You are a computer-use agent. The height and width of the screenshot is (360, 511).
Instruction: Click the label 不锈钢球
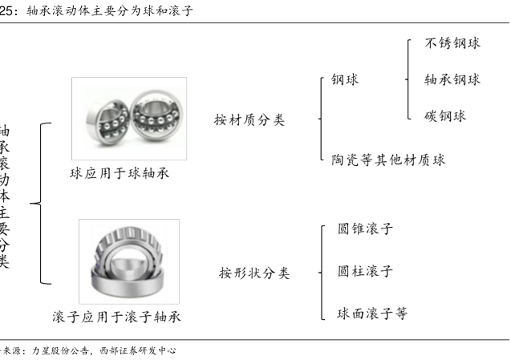[452, 43]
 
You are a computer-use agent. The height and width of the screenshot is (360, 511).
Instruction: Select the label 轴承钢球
[452, 79]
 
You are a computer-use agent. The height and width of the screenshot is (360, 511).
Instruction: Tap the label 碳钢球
[445, 115]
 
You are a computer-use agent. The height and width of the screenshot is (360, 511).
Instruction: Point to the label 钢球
[345, 79]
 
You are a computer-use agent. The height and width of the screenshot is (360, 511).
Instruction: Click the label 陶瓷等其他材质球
[388, 160]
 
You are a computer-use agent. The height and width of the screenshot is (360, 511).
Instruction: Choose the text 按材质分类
[249, 120]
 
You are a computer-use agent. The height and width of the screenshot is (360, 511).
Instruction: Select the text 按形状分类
[254, 273]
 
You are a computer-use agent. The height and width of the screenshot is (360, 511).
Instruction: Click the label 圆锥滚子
[365, 229]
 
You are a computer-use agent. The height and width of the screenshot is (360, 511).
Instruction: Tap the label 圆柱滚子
[365, 271]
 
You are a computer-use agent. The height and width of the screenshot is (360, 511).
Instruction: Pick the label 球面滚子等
[372, 313]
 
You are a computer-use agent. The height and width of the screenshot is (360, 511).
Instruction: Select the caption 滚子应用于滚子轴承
[116, 317]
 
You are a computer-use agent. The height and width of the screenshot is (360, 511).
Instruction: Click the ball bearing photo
[128, 118]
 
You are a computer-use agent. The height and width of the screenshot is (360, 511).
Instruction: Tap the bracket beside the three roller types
[322, 271]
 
